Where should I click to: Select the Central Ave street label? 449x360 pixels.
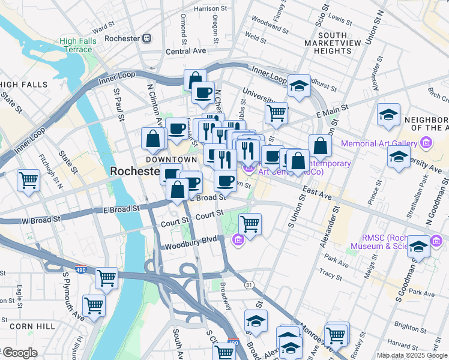186,52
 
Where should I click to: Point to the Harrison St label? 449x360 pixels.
211,9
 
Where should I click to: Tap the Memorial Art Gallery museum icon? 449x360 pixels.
426,143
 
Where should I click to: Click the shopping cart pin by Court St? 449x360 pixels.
250,224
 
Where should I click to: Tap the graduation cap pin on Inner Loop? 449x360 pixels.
298,85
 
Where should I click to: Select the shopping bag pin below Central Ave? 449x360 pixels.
195,80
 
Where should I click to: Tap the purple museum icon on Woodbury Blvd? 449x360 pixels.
238,241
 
